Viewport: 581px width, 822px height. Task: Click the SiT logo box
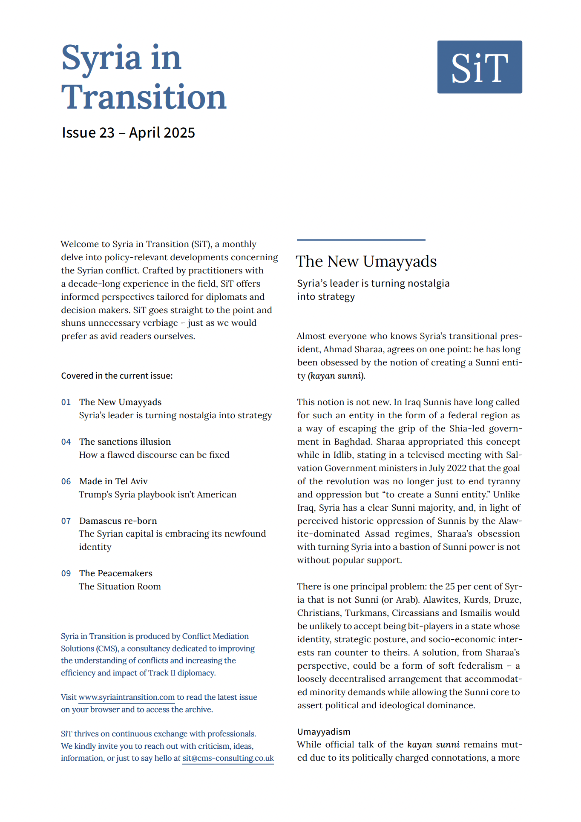(479, 67)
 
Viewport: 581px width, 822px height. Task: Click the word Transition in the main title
(144, 97)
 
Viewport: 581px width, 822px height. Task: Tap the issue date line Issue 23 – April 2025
(128, 133)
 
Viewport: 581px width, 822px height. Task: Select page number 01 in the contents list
(66, 402)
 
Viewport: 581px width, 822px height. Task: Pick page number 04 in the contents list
(66, 442)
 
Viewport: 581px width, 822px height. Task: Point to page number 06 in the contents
(66, 482)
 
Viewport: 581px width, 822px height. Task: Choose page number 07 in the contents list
(66, 521)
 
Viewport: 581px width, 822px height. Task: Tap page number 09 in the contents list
(66, 574)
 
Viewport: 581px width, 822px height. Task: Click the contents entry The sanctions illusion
(125, 442)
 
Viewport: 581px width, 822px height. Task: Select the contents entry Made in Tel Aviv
(113, 481)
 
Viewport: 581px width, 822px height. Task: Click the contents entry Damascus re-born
(118, 521)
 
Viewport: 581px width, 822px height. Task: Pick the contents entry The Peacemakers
(115, 573)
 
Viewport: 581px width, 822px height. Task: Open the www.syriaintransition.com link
(127, 697)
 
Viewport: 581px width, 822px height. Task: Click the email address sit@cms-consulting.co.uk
(228, 758)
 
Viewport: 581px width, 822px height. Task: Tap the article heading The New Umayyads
(366, 262)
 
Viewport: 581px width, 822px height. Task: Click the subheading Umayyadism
(324, 732)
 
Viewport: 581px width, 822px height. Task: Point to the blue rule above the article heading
(361, 240)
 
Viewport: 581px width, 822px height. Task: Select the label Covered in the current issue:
(117, 376)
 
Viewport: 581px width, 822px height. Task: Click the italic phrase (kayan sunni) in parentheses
(337, 376)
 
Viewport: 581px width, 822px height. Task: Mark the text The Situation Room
(120, 586)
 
